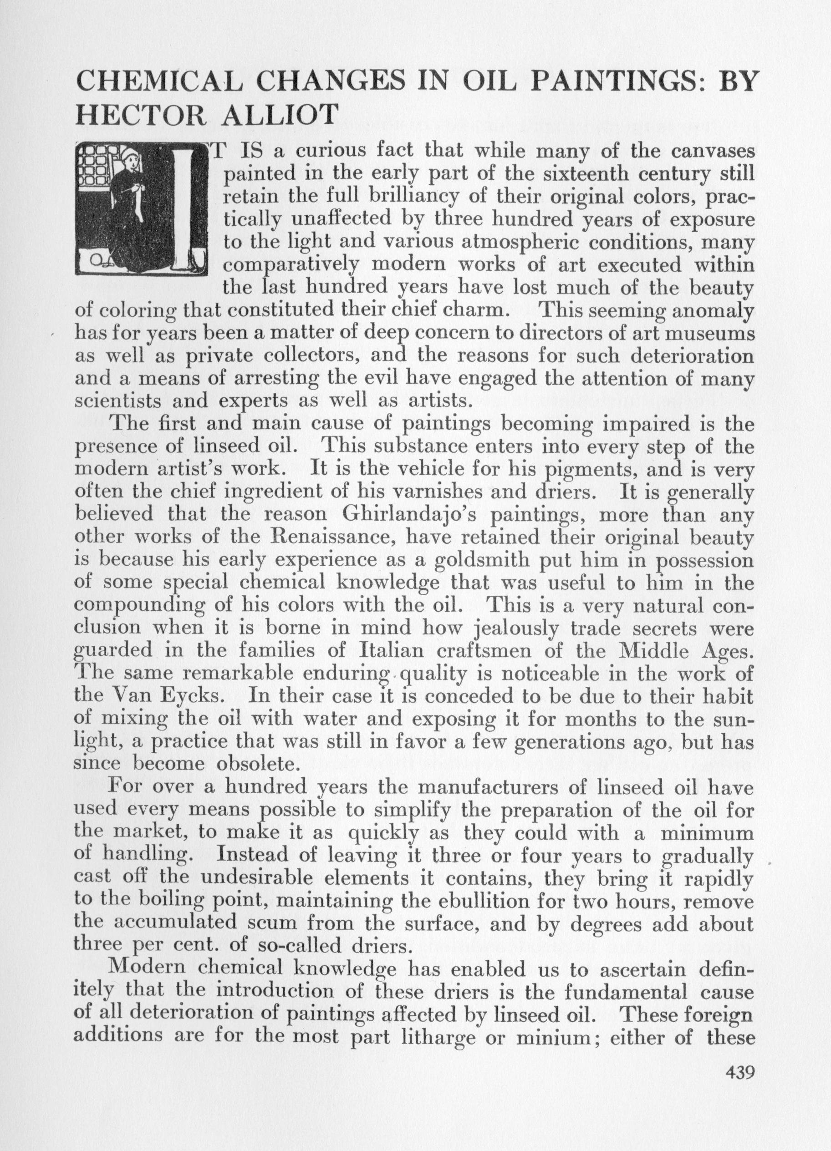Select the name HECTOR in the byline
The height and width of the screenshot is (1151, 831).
point(141,114)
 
